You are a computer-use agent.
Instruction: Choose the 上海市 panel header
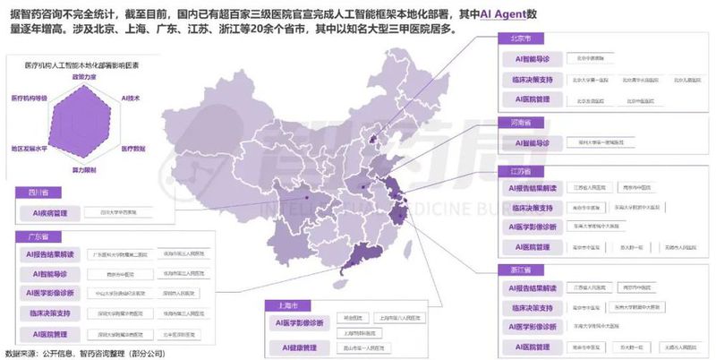pos(279,304)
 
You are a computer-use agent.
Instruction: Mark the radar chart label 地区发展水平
pos(29,146)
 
